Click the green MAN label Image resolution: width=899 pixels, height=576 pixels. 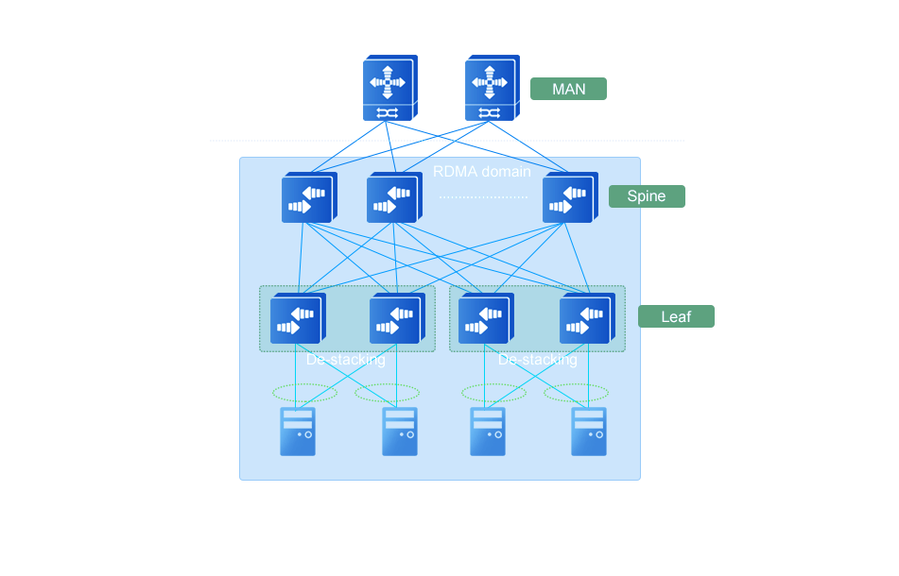tap(567, 89)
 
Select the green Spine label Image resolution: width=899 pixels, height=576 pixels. tap(647, 196)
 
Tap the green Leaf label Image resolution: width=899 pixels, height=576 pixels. tap(676, 316)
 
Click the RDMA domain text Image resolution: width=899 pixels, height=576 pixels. tap(481, 172)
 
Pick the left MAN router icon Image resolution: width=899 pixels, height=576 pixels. tap(389, 88)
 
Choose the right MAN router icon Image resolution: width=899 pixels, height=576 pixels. tap(492, 88)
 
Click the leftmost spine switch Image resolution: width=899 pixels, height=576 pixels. tap(307, 198)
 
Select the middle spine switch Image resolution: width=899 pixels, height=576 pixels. tap(392, 198)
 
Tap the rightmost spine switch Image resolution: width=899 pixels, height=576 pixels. tap(568, 198)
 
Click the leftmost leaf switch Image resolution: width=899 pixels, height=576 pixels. tap(297, 319)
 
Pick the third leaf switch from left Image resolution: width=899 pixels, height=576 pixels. tap(485, 319)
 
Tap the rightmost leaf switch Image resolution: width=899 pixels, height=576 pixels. tap(586, 319)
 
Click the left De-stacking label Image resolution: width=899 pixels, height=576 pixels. tap(346, 360)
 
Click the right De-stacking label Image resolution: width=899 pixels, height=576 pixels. tap(537, 360)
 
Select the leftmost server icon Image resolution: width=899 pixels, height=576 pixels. tap(297, 432)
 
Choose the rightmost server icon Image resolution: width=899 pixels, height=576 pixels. tap(589, 432)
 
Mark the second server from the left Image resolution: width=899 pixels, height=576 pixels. tap(399, 432)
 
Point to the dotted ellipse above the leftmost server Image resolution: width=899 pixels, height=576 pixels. tap(304, 393)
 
